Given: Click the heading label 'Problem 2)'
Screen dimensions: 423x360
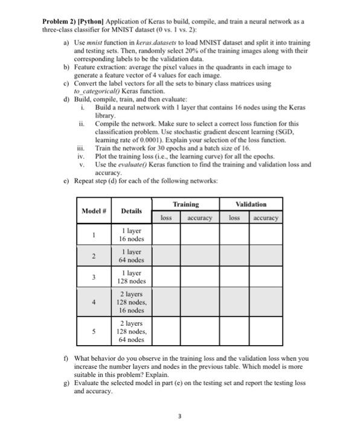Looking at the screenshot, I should tap(59, 21).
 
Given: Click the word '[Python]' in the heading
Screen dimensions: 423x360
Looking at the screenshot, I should tap(91, 21).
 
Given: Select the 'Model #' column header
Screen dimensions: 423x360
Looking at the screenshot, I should tap(93, 211).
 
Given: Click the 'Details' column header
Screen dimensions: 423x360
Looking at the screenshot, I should tap(131, 211).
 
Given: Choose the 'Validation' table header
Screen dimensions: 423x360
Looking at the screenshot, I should tap(251, 205).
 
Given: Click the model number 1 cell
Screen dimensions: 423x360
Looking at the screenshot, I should tap(93, 234).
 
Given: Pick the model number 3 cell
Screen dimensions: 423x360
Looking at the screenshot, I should tap(93, 277).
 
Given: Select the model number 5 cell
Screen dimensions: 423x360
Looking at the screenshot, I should tap(93, 331).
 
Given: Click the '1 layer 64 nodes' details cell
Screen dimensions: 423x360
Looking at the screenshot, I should tap(131, 256).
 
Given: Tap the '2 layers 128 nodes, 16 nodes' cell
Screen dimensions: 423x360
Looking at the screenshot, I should tap(131, 303).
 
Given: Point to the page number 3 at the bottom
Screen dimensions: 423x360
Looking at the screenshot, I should tap(179, 415).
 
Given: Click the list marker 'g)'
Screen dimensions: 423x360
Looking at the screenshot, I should tap(66, 383).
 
